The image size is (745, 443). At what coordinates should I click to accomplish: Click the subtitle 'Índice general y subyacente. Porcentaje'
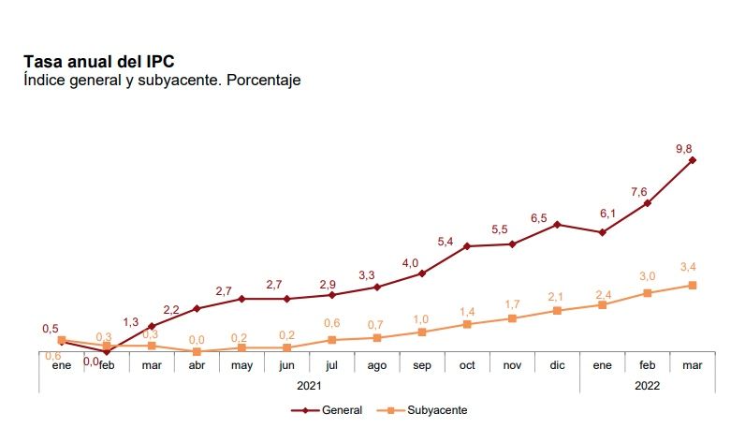tap(161, 81)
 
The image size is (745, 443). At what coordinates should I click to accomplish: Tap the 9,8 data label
tap(685, 147)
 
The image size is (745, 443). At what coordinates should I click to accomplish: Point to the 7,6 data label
tap(639, 192)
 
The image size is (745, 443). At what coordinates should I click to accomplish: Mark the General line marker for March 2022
tap(693, 160)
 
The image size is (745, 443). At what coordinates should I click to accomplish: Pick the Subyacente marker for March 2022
tap(693, 285)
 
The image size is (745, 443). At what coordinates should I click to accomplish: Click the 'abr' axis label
tap(197, 364)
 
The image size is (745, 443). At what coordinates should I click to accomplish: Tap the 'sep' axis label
tap(422, 364)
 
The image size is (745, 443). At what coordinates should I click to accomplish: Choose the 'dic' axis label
tap(557, 364)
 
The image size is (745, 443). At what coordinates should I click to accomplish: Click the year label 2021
tap(309, 385)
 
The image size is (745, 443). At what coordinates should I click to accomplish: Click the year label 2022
tap(648, 385)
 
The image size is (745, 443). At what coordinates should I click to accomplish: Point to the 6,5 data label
tap(539, 217)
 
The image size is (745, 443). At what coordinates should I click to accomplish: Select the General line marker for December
tap(557, 225)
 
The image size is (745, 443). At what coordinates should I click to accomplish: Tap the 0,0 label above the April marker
tap(197, 340)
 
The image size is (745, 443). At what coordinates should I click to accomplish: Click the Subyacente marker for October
tap(467, 324)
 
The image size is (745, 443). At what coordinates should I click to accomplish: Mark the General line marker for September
tap(422, 273)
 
